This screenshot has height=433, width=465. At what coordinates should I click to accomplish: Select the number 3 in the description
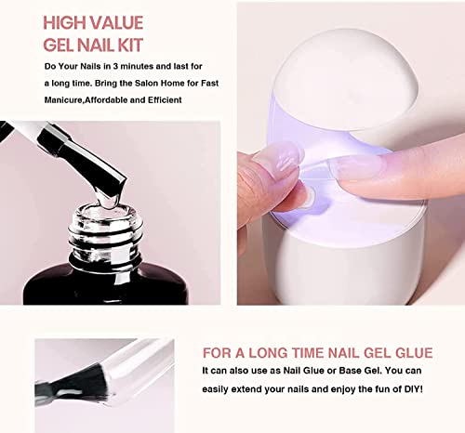pyautogui.click(x=115, y=66)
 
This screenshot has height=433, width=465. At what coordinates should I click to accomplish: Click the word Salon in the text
pyautogui.click(x=146, y=83)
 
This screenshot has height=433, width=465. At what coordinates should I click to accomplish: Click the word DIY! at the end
pyautogui.click(x=414, y=389)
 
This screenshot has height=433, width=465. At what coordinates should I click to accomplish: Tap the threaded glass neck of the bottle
pyautogui.click(x=105, y=235)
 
